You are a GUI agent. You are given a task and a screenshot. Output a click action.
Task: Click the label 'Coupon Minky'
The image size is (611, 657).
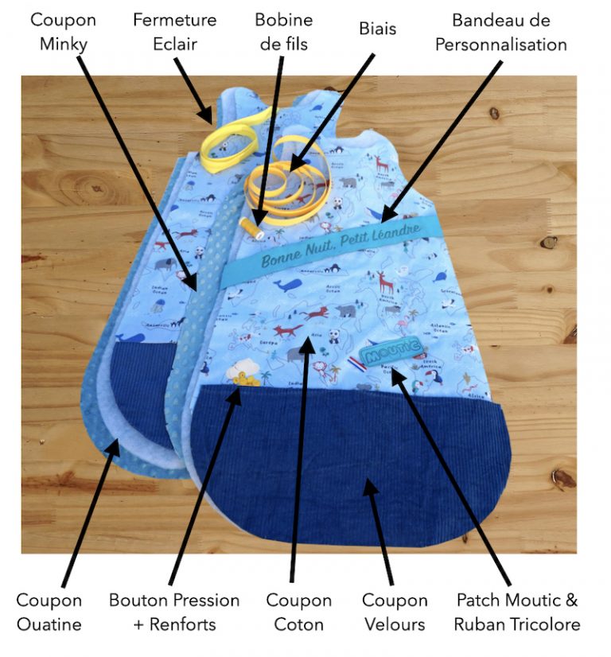pos(63,31)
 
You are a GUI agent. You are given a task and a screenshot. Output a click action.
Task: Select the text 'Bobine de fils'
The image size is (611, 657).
pos(284,31)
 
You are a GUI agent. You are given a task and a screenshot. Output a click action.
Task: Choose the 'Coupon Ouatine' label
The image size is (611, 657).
pos(49,612)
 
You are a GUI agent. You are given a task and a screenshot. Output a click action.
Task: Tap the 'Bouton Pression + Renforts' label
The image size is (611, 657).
pos(174,612)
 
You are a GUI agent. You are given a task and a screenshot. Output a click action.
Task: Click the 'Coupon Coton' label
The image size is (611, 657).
pos(299,612)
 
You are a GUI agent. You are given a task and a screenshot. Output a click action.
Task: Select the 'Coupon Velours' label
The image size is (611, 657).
pos(395,612)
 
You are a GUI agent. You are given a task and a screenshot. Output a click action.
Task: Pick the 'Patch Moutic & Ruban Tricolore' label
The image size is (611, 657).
pos(517,612)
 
